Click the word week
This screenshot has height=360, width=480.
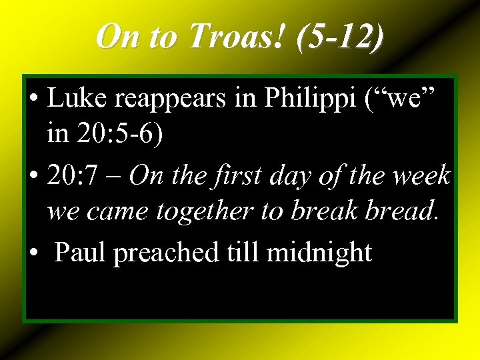[x=421, y=176]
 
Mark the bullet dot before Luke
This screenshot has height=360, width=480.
[x=33, y=100]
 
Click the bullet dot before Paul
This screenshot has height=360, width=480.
[x=33, y=253]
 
